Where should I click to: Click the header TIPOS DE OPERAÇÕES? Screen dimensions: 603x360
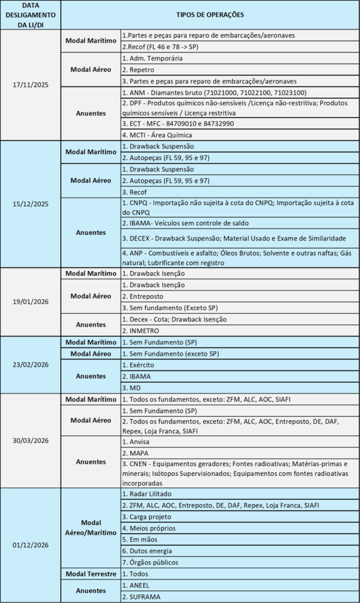[210, 15]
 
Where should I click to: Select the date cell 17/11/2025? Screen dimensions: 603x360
[31, 85]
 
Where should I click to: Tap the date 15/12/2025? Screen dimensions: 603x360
[31, 204]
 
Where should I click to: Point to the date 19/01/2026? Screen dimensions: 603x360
[31, 302]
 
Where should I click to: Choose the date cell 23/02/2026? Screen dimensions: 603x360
[31, 365]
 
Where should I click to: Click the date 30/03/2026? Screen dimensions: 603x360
[31, 440]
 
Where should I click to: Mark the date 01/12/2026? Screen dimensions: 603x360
[31, 545]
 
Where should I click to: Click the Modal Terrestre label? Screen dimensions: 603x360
[91, 574]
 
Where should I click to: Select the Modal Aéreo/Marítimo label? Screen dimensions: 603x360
[91, 528]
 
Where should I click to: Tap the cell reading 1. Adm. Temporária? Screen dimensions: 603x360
[152, 58]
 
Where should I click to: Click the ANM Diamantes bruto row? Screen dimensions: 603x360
[214, 92]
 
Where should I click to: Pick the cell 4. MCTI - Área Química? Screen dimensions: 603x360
[156, 135]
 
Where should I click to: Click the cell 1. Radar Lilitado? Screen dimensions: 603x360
[147, 494]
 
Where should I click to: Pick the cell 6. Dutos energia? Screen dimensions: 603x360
[147, 551]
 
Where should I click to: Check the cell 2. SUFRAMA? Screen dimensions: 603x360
[144, 597]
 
